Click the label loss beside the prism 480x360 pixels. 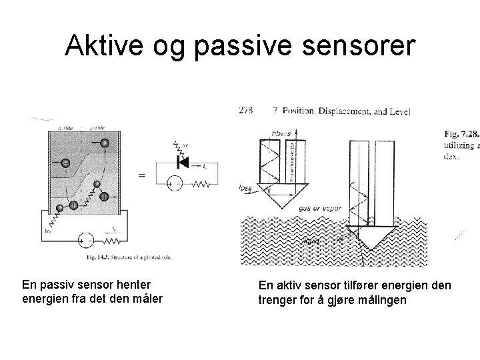245,189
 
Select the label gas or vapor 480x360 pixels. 319,208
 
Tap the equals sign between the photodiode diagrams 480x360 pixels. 142,174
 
